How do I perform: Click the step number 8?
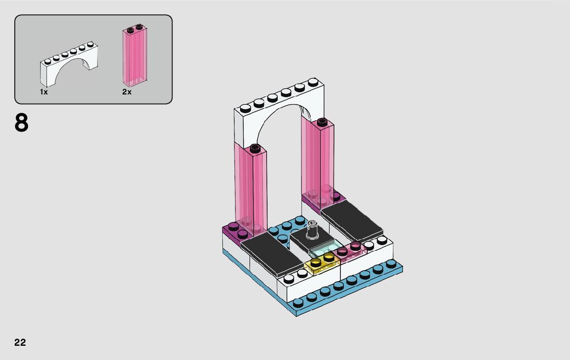21,122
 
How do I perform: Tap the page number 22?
20,342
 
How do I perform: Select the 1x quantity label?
44,92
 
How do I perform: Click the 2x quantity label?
127,92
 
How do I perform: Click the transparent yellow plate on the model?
322,263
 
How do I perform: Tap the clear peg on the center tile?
313,230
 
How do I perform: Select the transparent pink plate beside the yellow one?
350,251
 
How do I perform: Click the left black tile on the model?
272,254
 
